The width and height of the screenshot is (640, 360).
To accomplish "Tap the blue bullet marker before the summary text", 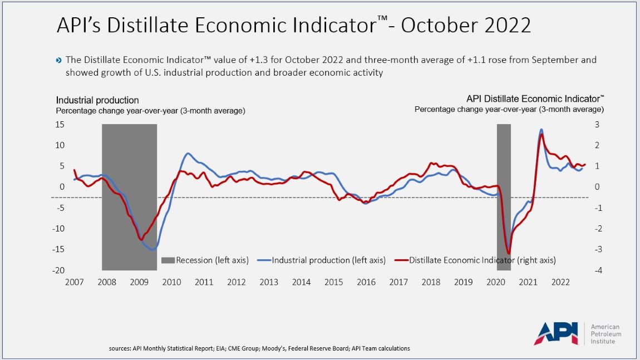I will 60,60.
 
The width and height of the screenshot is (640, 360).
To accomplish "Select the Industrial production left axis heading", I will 97,100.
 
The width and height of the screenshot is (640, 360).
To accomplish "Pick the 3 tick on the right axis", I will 596,124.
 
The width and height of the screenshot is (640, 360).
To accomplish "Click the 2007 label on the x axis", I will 74,282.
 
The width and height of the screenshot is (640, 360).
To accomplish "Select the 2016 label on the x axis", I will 366,282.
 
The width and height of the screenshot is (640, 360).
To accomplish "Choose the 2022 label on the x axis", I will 560,282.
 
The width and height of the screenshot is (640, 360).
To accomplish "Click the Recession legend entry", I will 205,260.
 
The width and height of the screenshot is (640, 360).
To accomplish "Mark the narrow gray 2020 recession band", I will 504,167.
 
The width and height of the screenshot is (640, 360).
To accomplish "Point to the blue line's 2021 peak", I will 541,130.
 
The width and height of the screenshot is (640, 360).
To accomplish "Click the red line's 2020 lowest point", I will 509,253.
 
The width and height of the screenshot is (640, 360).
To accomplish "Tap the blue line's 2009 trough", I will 152,250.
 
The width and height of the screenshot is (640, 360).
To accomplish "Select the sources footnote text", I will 259,348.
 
